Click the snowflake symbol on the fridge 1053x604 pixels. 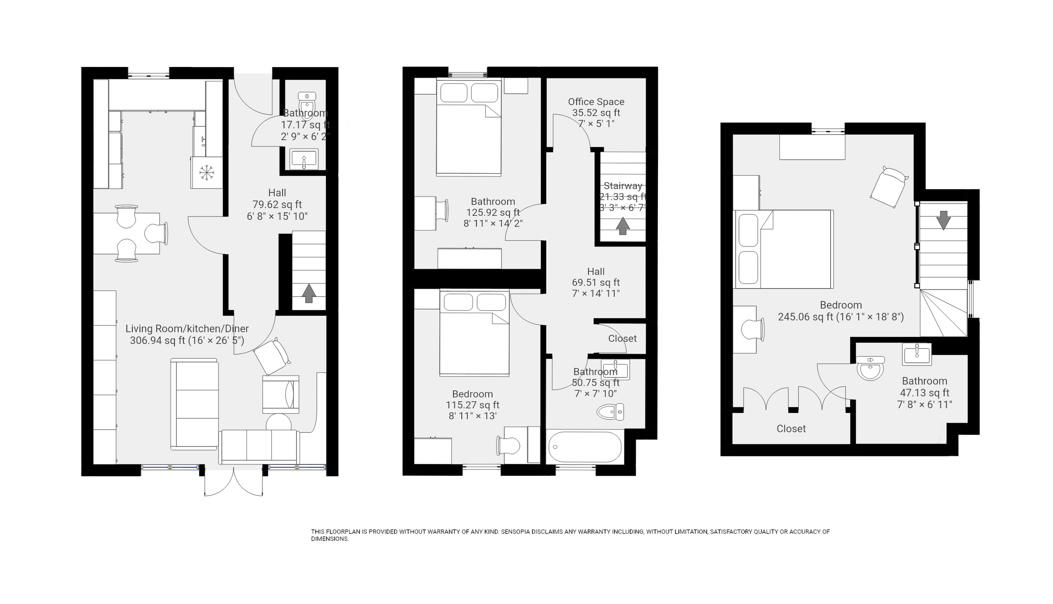tap(206, 173)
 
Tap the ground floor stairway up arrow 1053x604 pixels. tap(308, 293)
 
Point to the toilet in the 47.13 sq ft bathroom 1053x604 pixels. tap(870, 368)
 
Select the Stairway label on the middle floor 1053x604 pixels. tap(623, 186)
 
